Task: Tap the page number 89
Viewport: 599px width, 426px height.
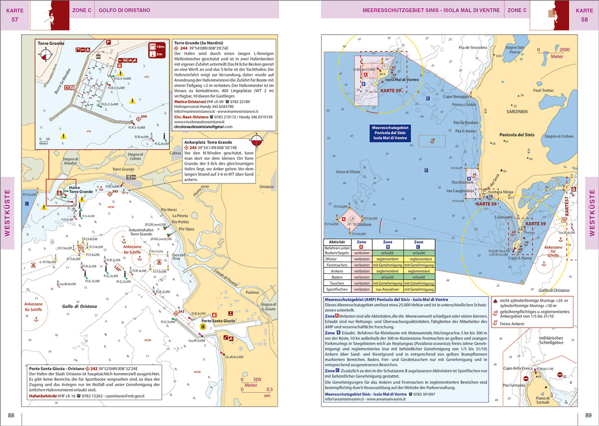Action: [588, 416]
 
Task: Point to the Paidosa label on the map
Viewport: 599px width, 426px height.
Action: [253, 292]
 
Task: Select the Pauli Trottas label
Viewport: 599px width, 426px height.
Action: [544, 90]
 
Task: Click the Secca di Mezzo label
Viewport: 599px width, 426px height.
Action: [348, 172]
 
